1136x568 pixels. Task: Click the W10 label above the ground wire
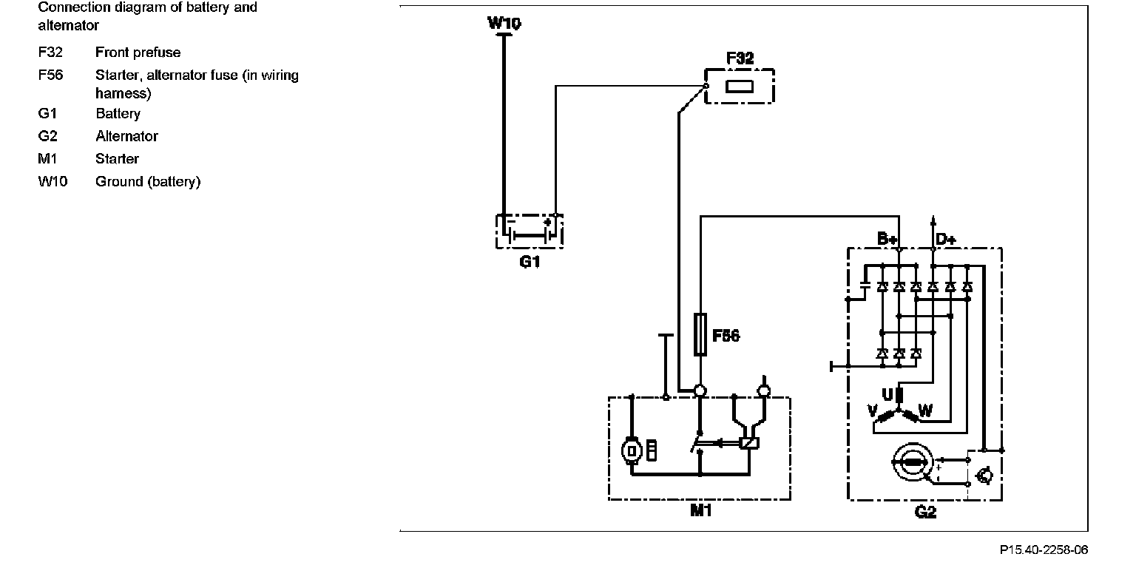[504, 23]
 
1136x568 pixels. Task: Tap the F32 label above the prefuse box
[739, 58]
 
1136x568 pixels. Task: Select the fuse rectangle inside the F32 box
[739, 87]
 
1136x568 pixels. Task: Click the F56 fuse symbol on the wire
[699, 335]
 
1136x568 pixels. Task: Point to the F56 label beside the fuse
[726, 337]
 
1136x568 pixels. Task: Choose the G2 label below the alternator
[925, 511]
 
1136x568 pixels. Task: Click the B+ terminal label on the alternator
[887, 239]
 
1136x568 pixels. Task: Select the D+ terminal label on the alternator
[946, 239]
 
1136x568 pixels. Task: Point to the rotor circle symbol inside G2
[914, 463]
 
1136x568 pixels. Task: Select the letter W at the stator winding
[924, 409]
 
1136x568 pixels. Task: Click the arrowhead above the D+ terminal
[933, 220]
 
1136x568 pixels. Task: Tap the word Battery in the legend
[118, 114]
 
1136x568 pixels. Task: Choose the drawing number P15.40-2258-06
[1044, 550]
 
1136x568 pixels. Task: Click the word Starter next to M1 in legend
[117, 159]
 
